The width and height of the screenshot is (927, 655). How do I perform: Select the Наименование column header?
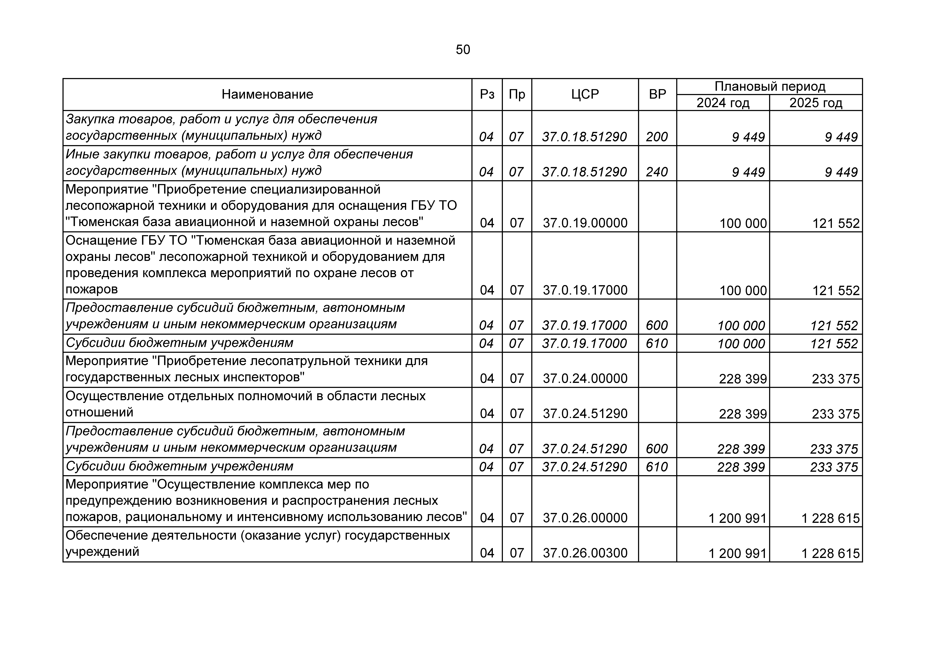click(267, 94)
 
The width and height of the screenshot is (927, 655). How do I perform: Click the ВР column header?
click(657, 94)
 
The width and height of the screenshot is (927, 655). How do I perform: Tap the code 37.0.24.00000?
click(585, 379)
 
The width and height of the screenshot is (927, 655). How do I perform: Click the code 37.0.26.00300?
click(585, 553)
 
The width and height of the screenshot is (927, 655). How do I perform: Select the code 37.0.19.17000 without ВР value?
click(585, 290)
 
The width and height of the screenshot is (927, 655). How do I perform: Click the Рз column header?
click(487, 94)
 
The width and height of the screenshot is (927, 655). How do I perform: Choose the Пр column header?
click(517, 94)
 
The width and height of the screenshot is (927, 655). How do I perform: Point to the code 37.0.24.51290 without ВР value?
click(585, 414)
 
